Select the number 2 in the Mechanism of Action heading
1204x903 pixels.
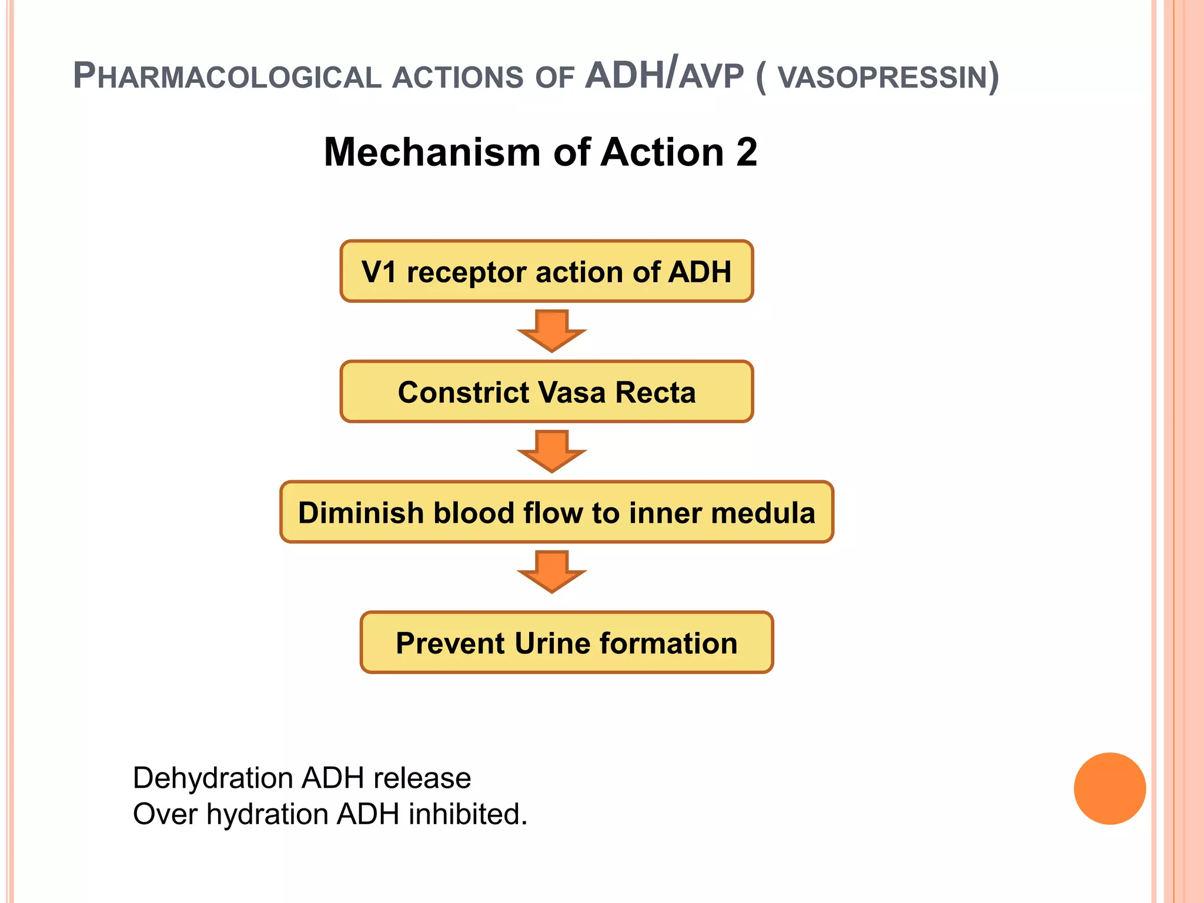point(746,152)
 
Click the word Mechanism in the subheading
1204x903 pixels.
point(432,152)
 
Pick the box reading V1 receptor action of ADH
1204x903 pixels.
point(546,272)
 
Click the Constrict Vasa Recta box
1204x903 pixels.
point(546,392)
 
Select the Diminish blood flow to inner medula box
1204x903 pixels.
point(556,512)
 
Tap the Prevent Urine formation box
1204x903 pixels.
point(566,643)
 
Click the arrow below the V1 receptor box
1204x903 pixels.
point(551,331)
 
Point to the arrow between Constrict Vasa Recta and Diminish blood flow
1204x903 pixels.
point(551,451)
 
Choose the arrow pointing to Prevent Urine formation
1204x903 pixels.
point(551,571)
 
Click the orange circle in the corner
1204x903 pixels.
point(1109,788)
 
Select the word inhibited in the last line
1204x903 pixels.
point(467,815)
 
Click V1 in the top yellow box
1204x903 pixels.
point(379,272)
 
